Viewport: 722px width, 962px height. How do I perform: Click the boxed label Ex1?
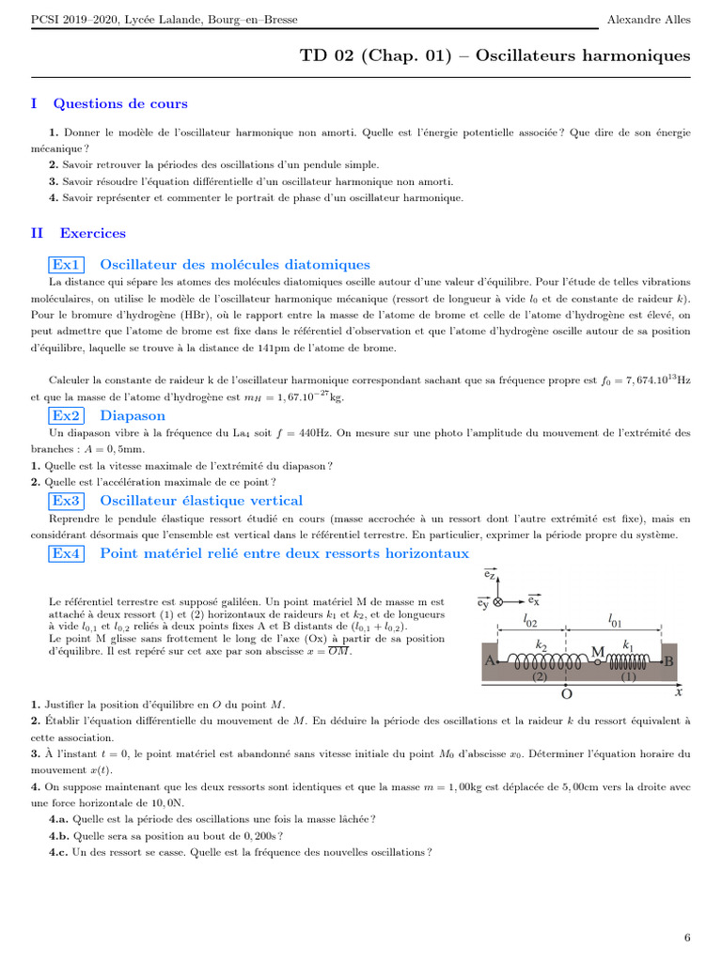[x=66, y=265]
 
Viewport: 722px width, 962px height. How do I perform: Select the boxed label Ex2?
[x=66, y=415]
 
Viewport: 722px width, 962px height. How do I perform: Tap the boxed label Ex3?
[x=66, y=501]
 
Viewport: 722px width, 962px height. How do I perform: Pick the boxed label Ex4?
[x=66, y=554]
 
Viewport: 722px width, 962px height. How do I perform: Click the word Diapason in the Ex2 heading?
[x=133, y=415]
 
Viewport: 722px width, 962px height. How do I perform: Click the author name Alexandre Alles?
[x=649, y=20]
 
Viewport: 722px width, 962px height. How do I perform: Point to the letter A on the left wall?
[x=490, y=661]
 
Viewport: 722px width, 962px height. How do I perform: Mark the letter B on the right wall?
[x=668, y=661]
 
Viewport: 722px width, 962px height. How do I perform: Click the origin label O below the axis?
[x=566, y=695]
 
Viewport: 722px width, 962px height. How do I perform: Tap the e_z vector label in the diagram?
[x=490, y=575]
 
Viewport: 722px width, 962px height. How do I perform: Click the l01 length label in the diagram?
[x=615, y=620]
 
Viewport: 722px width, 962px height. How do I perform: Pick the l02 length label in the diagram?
[x=530, y=620]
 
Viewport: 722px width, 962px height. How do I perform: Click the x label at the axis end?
[x=678, y=690]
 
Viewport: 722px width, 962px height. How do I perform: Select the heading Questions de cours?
[x=119, y=104]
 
